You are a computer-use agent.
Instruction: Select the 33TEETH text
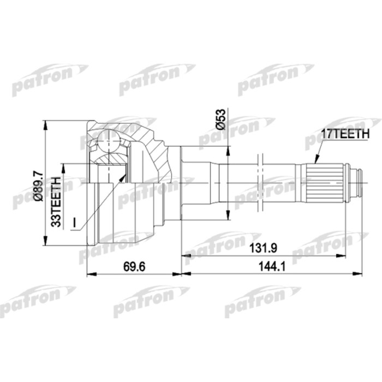(x=55, y=202)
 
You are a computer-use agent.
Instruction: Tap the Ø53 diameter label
(x=220, y=118)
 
